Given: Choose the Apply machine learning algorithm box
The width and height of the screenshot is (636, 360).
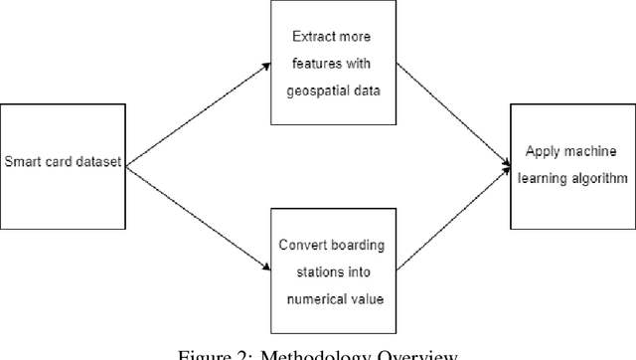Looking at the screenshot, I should tap(572, 163).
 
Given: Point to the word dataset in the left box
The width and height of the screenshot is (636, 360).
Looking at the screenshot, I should tap(98, 163).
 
